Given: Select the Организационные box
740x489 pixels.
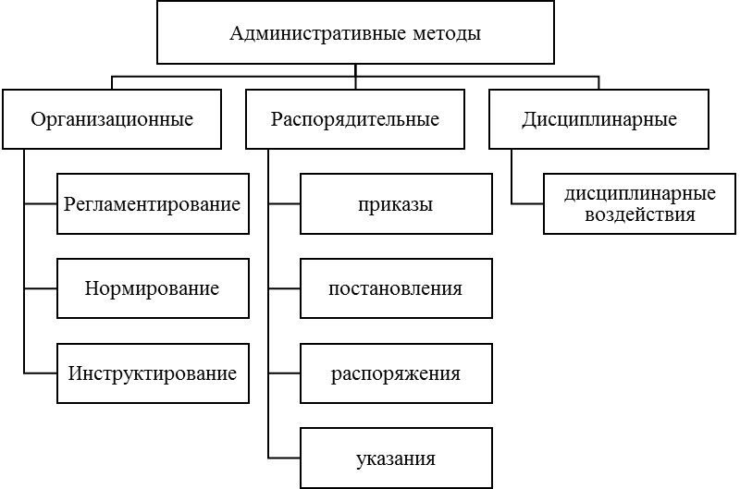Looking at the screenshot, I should coord(112,119).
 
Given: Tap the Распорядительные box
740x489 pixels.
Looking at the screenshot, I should coord(355,119).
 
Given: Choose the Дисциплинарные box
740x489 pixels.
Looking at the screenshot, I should coord(598,119).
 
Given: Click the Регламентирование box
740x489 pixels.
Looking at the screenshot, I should coord(153,203).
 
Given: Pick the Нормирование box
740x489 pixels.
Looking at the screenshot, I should coord(153,288).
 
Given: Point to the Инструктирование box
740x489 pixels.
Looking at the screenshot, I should coord(153,373).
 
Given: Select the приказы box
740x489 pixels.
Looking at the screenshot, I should coord(395,203).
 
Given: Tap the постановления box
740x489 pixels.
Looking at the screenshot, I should coord(395,288).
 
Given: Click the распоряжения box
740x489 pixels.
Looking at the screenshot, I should coord(395,373).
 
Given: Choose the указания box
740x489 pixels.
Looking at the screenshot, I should coord(395,458).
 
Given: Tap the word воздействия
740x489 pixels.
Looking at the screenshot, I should coord(640,215).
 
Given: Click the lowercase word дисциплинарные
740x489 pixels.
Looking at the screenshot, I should coord(640,194).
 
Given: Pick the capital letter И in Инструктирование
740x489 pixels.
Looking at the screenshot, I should coord(75,373).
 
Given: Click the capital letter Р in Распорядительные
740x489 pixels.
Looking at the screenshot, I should coord(276,119).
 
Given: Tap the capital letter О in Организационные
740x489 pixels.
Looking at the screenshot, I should coord(38,119).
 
